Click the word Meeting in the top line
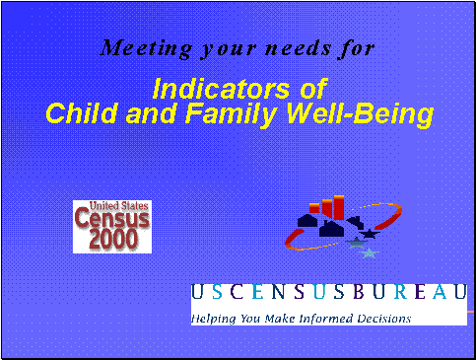pos(138,47)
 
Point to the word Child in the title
pos(79,114)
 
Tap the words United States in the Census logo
pos(111,206)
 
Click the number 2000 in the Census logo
pos(112,240)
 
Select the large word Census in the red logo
pos(112,222)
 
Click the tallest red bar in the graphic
pos(338,207)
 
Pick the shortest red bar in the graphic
pos(314,208)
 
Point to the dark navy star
pos(370,235)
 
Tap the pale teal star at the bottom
pos(369,253)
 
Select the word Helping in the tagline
pos(215,319)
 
